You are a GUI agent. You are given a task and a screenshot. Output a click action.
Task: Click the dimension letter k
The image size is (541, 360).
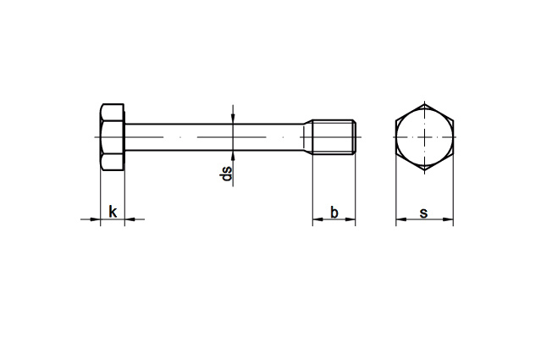tap(113, 212)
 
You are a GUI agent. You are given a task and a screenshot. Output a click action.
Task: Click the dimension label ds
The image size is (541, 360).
tap(226, 174)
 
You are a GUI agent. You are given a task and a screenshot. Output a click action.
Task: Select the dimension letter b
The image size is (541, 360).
tap(334, 213)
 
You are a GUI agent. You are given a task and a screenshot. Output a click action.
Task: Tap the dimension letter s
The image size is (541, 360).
tap(423, 213)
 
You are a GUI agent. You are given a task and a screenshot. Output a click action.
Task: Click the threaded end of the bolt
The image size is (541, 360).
tap(334, 137)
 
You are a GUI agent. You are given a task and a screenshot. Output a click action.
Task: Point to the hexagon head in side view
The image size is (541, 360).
tap(113, 137)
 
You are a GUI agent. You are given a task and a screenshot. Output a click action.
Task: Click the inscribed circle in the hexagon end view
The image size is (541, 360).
tap(424, 137)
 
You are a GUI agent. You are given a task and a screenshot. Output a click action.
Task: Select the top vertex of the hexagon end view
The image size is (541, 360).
tap(425, 103)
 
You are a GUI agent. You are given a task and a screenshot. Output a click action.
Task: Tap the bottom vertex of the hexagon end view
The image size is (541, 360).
tap(425, 170)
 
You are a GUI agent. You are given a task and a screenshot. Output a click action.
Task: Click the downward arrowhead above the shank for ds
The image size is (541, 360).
tap(233, 118)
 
